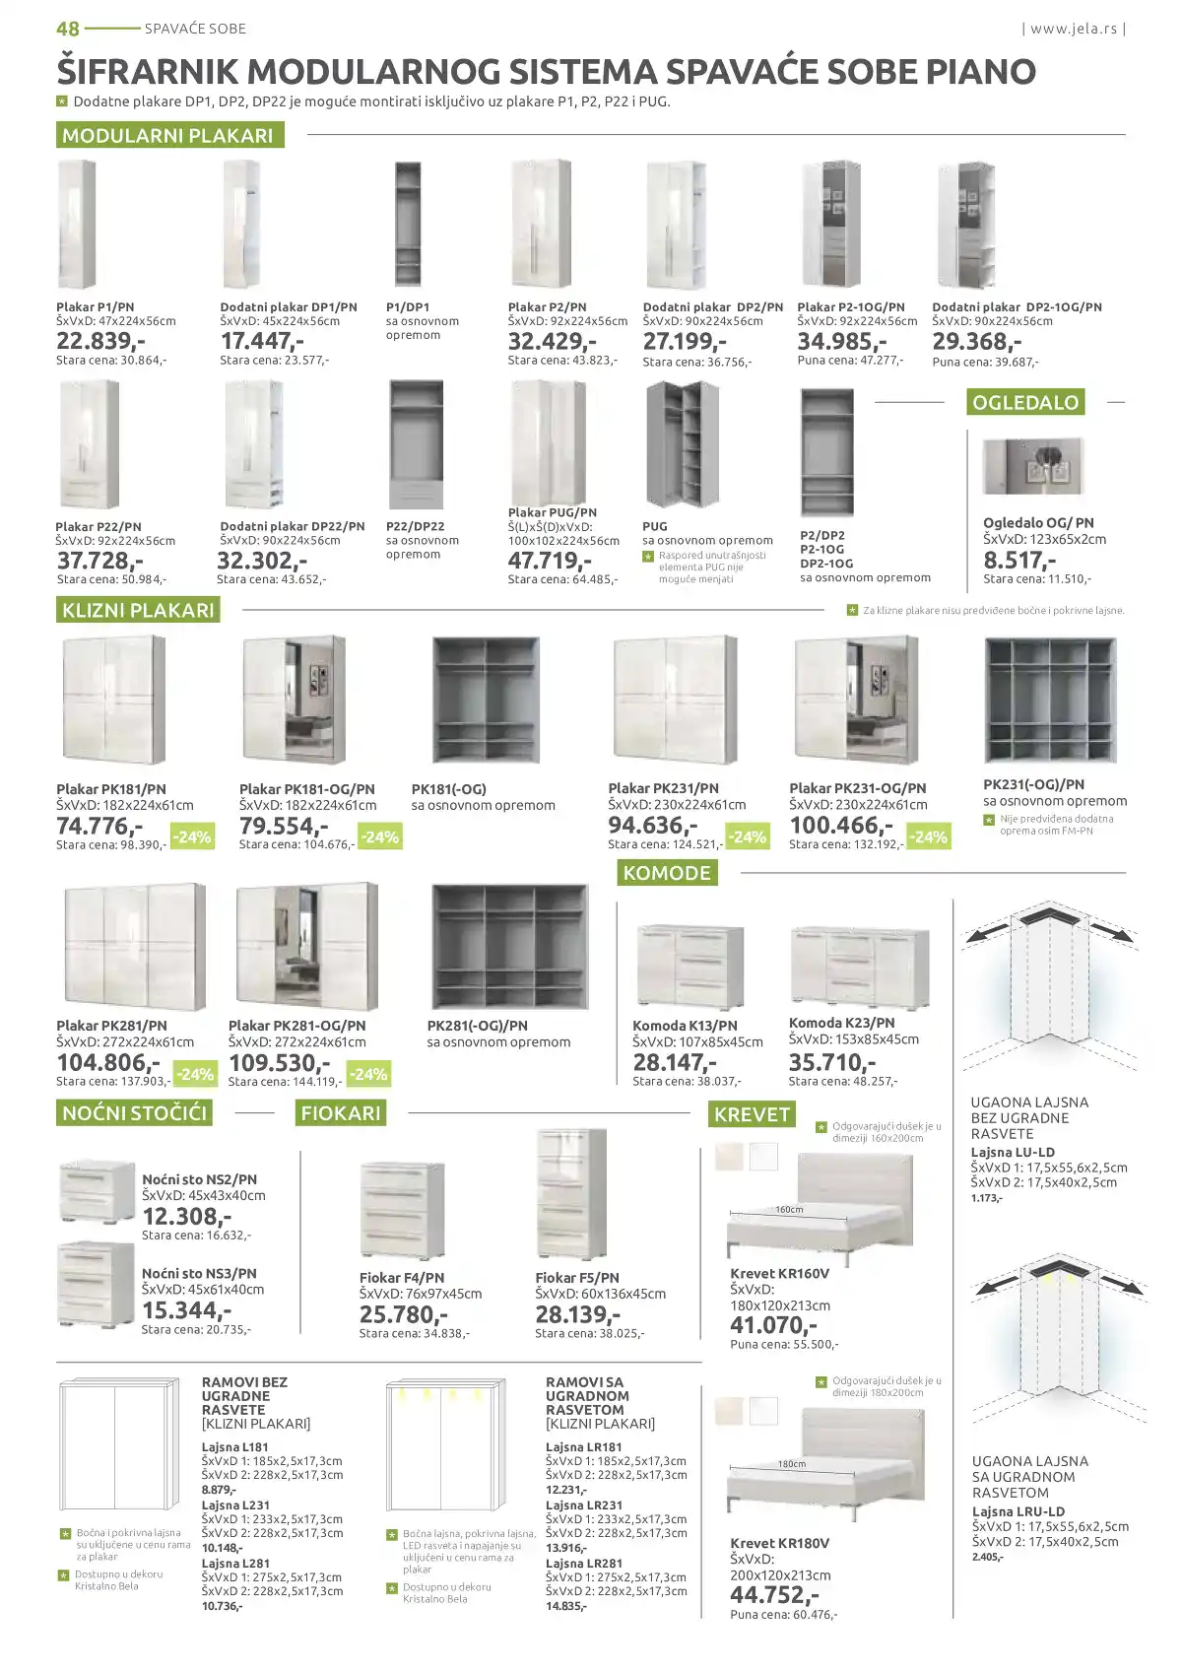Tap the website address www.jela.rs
click(x=1074, y=29)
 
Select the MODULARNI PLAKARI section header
click(x=168, y=135)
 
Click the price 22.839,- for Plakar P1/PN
click(x=100, y=341)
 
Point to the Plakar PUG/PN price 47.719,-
click(x=550, y=561)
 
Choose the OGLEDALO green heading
click(x=1025, y=402)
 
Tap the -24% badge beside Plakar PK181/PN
click(x=192, y=837)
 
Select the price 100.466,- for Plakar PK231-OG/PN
click(x=841, y=826)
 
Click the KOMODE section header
click(x=667, y=873)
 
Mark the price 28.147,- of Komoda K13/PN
click(x=675, y=1063)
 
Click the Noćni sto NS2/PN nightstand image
click(x=97, y=1191)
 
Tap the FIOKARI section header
click(x=341, y=1113)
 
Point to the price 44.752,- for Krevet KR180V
click(x=774, y=1595)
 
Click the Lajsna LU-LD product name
click(x=1013, y=1152)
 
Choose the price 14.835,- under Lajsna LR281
click(x=566, y=1606)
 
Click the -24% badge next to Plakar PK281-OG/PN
click(x=369, y=1074)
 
